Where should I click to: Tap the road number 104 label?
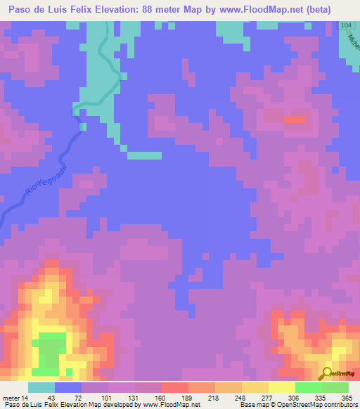point(345,25)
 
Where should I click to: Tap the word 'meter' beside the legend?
point(12,378)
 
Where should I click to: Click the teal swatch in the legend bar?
point(41,387)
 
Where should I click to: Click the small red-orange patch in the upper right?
point(295,119)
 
